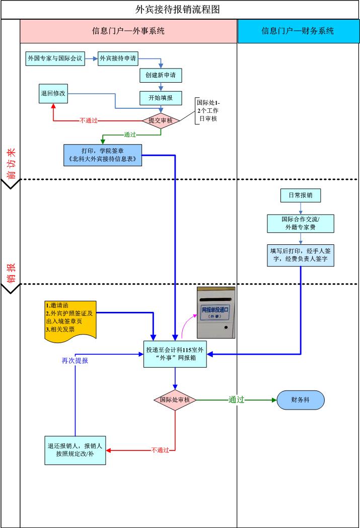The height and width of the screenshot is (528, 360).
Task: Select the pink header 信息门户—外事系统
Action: coord(128,31)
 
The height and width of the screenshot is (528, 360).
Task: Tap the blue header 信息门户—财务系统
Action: coord(298,31)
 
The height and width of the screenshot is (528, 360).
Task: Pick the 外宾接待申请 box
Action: coord(117,58)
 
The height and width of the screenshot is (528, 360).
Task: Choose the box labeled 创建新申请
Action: coord(161,76)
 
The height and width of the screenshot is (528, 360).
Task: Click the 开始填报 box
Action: coord(161,98)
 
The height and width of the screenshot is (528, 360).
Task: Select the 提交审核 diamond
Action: coord(161,120)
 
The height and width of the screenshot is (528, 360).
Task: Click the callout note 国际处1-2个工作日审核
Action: coord(208,110)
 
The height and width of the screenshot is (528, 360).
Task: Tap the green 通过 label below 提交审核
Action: coord(131,135)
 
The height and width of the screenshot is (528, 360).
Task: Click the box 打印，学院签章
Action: coord(103,155)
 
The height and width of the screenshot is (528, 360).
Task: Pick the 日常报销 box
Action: coord(300,194)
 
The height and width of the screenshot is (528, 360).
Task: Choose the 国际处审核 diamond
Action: coord(175,400)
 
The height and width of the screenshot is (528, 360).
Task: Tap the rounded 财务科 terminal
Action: coord(301,400)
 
